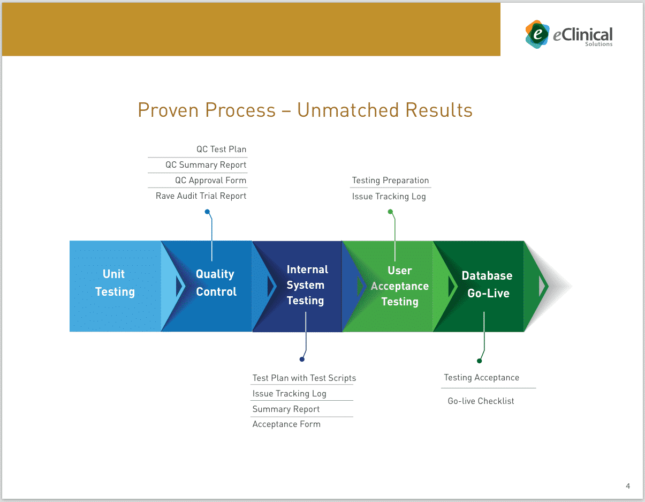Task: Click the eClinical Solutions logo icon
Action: pos(537,34)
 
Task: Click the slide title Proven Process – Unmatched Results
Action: pos(305,110)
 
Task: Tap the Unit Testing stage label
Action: pos(115,283)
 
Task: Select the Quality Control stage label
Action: pos(216,283)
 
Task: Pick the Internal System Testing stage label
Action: pos(307,285)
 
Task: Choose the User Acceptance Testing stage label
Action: pos(400,286)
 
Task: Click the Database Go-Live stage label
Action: pos(487,284)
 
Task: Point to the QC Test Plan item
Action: pos(221,149)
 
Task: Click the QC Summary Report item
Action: pos(206,165)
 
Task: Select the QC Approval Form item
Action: pos(210,181)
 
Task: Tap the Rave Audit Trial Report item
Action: pos(201,196)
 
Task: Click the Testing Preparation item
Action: pos(390,181)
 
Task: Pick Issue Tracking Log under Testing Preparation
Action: pos(389,197)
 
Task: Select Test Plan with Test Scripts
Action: pos(304,378)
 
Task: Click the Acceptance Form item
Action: pos(286,424)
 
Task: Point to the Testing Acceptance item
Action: pos(481,378)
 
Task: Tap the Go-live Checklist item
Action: pos(481,401)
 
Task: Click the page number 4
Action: pos(628,486)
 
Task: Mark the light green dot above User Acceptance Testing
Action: pos(390,212)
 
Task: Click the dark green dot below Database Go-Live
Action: pos(479,361)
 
